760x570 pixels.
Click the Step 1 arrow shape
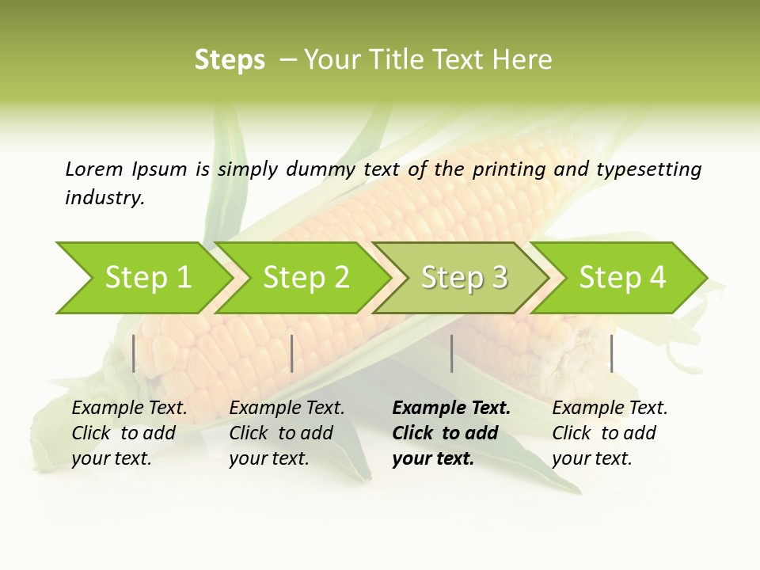pos(147,278)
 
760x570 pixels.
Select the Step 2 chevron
pos(306,278)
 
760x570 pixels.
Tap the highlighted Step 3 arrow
pos(464,278)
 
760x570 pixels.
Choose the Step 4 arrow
pos(622,278)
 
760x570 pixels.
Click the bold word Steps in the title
pos(230,60)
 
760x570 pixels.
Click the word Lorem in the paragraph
pos(93,169)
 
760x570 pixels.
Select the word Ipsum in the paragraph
pos(160,169)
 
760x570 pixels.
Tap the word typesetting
pos(648,169)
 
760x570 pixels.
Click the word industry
pos(104,198)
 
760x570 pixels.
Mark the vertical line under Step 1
pos(134,353)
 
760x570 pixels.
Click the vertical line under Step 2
pos(292,353)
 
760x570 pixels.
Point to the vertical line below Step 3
pos(451,353)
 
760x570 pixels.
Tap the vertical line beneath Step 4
pos(611,353)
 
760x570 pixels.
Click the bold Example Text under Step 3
pos(451,408)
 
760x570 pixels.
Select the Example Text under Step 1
pos(129,408)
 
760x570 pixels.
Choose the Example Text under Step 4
pos(610,408)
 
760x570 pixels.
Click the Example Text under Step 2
pos(287,408)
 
